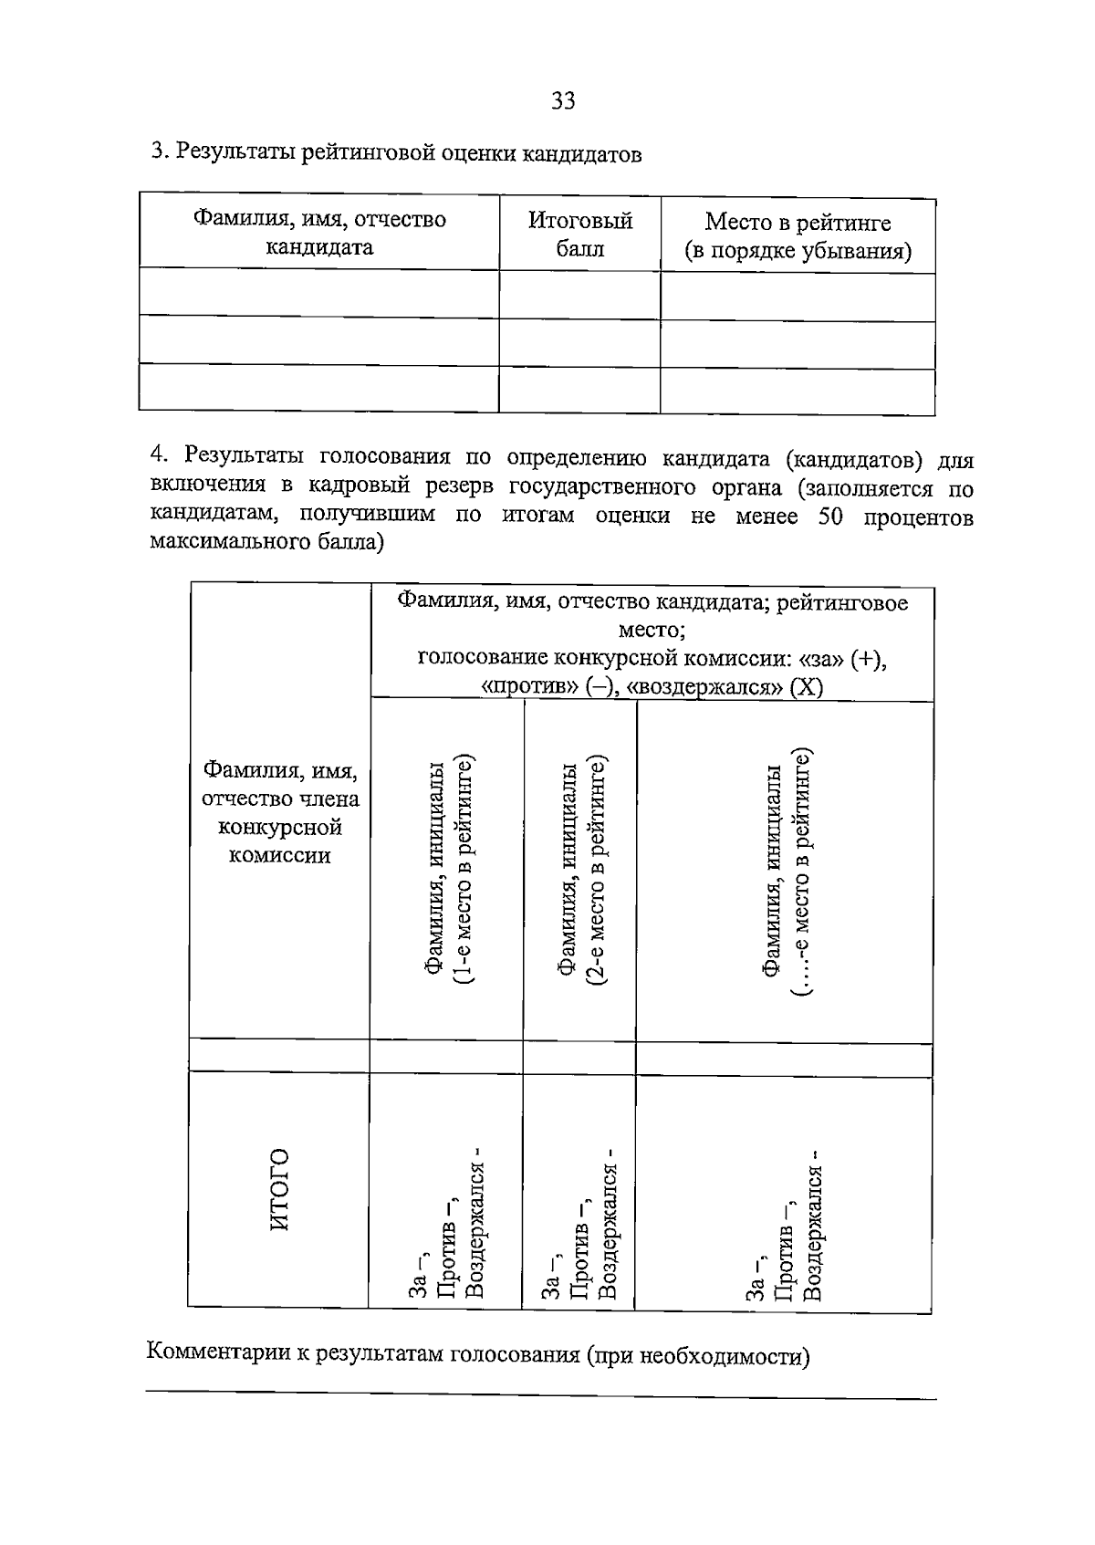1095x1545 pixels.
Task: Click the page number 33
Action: [x=563, y=101]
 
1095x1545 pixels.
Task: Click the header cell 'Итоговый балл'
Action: [x=580, y=235]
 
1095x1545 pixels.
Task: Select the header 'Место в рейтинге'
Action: [x=798, y=223]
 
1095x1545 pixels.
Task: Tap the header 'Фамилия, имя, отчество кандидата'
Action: [x=318, y=233]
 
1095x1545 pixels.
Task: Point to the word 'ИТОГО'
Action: [x=280, y=1189]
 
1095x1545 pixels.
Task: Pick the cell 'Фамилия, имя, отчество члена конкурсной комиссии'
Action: [x=279, y=812]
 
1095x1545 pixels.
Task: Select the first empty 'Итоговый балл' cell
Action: [x=579, y=294]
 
